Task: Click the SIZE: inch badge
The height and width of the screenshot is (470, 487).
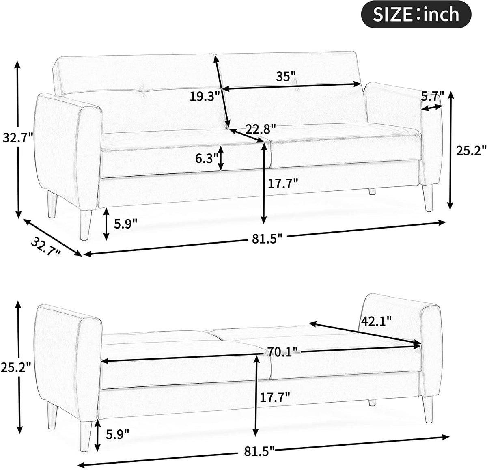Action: click(416, 15)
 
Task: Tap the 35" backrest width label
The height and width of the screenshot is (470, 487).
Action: click(286, 76)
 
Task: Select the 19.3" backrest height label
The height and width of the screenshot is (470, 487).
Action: click(204, 96)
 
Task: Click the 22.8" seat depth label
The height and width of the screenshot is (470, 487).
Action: click(260, 129)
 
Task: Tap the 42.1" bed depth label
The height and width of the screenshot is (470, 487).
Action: click(376, 321)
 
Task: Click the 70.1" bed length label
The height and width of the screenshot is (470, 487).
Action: click(283, 352)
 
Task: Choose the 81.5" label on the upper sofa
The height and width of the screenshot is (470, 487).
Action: click(267, 239)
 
